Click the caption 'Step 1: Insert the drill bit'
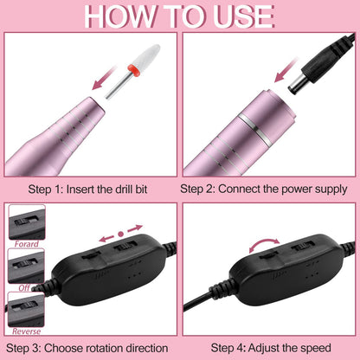pyautogui.click(x=90, y=186)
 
